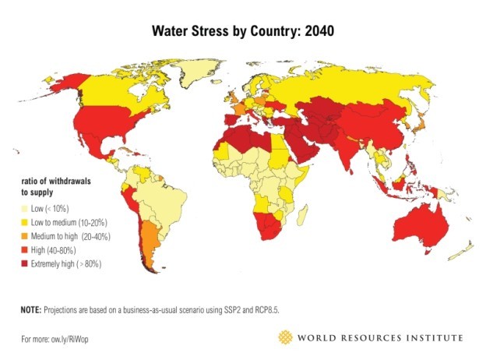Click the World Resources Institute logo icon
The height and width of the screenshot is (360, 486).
pos(287,337)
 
